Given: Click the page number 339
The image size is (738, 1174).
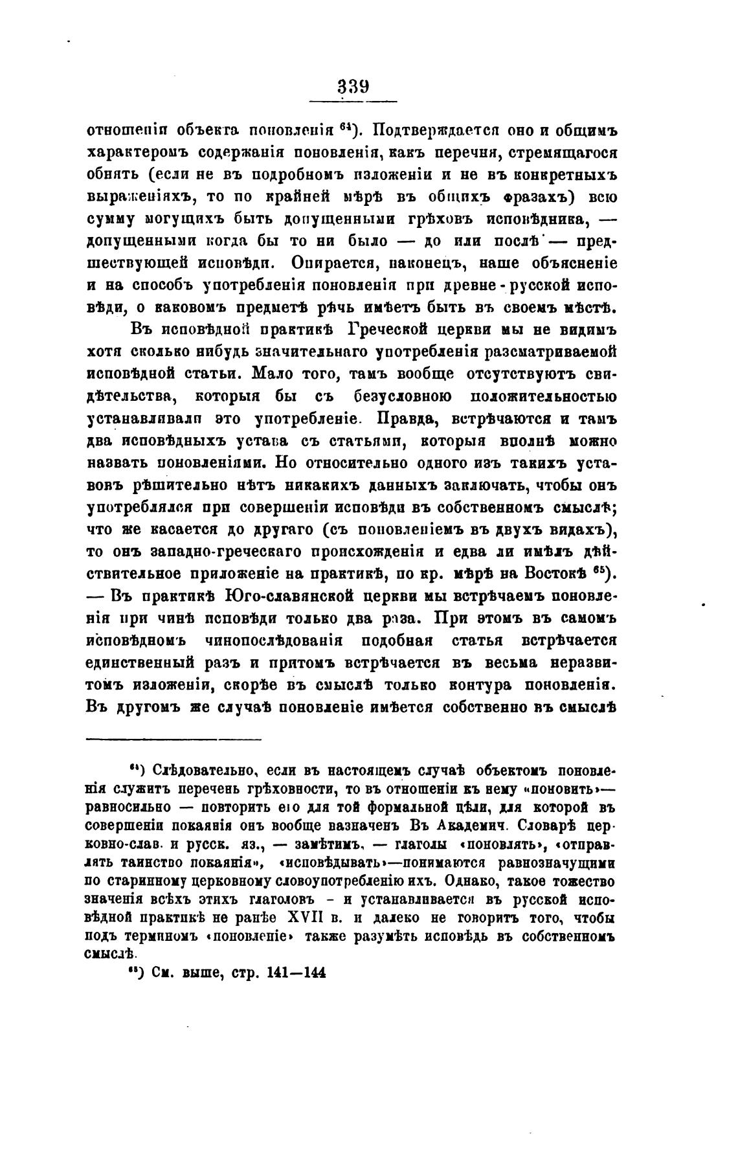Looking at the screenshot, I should (x=353, y=86).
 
